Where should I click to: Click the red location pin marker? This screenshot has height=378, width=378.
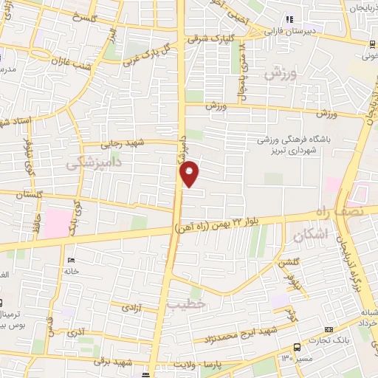coord(190,173)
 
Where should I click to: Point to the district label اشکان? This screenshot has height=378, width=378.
coord(309,236)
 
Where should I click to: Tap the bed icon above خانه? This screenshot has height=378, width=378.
coord(72,261)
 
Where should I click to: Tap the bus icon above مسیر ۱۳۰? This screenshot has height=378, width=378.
coord(296,347)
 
